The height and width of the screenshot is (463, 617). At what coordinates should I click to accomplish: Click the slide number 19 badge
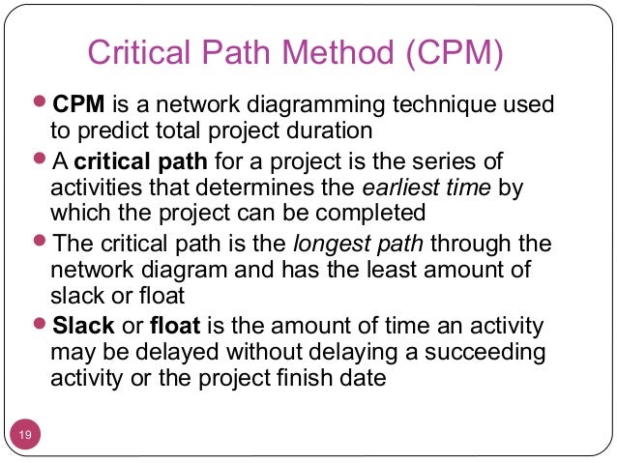(25, 436)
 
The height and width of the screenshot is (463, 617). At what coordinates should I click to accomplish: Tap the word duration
(332, 130)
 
